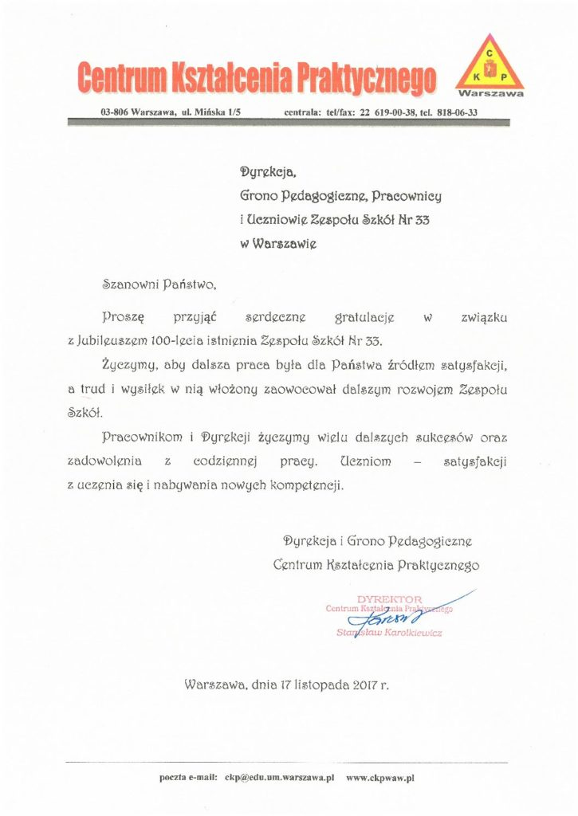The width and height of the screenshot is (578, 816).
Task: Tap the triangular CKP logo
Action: [x=489, y=65]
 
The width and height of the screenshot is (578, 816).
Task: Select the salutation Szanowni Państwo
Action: [x=159, y=282]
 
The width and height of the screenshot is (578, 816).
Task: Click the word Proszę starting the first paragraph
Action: [x=123, y=316]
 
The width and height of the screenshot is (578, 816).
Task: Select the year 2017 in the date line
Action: [x=361, y=685]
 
